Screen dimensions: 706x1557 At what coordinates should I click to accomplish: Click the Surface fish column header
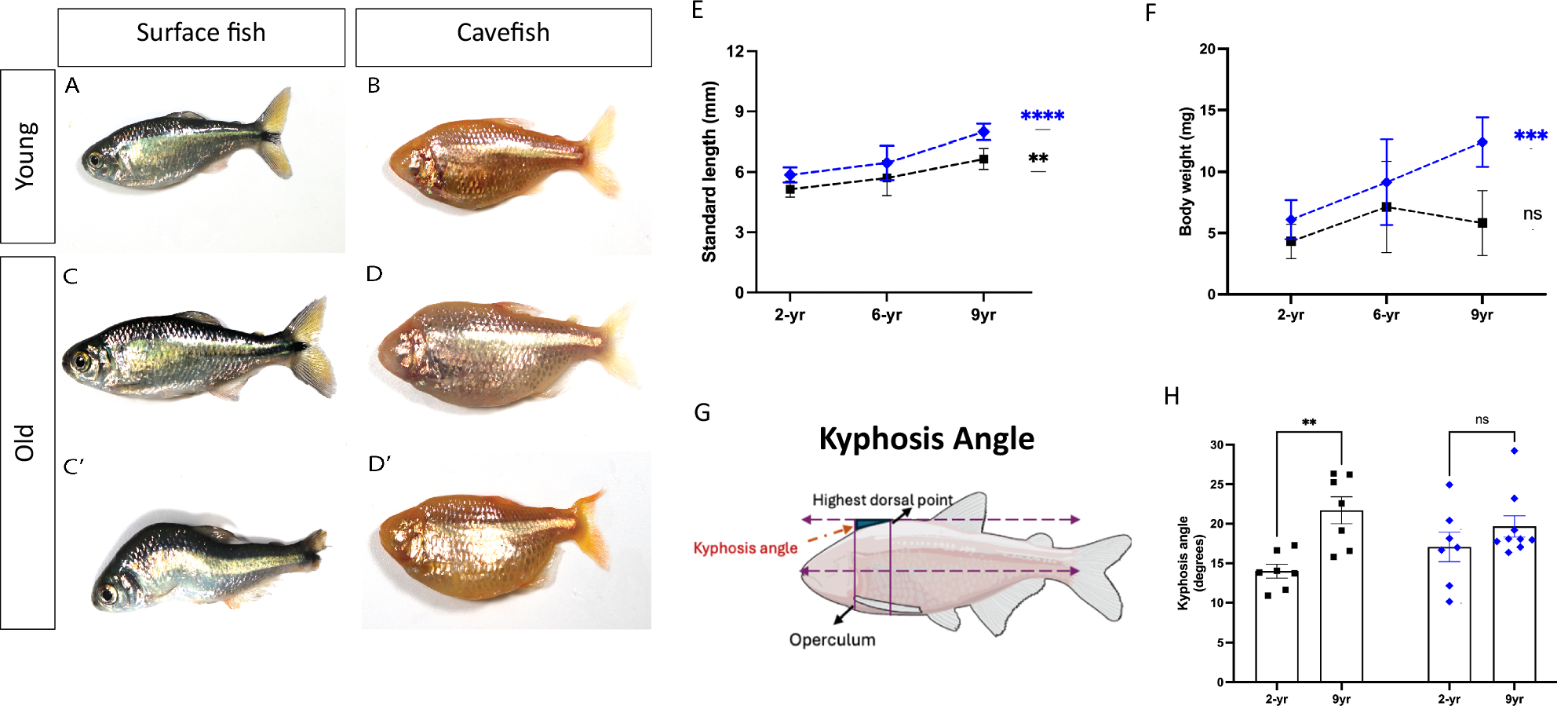pyautogui.click(x=201, y=33)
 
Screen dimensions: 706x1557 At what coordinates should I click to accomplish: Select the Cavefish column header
pyautogui.click(x=503, y=33)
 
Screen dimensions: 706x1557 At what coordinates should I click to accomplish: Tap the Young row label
pyautogui.click(x=26, y=155)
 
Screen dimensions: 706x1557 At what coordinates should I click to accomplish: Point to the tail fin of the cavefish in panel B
pyautogui.click(x=601, y=153)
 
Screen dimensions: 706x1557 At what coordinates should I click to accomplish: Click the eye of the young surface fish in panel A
pyautogui.click(x=95, y=161)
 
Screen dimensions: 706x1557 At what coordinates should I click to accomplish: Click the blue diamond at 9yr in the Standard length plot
pyautogui.click(x=983, y=132)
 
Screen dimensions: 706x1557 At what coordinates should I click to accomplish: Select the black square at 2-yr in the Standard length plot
pyautogui.click(x=790, y=189)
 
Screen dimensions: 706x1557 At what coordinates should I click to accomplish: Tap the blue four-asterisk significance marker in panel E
pyautogui.click(x=1042, y=116)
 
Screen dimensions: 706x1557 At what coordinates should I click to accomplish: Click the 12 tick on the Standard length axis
pyautogui.click(x=735, y=52)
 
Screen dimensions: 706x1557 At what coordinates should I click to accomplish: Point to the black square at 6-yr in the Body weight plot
pyautogui.click(x=1387, y=207)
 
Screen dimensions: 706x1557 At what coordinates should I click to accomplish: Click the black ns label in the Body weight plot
pyautogui.click(x=1532, y=214)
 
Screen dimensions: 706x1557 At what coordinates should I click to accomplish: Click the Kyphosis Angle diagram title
pyautogui.click(x=926, y=438)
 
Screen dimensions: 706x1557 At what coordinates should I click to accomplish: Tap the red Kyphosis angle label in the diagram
pyautogui.click(x=745, y=548)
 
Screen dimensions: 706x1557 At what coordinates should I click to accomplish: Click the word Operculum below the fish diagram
pyautogui.click(x=832, y=640)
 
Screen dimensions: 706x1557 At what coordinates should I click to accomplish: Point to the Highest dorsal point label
pyautogui.click(x=882, y=500)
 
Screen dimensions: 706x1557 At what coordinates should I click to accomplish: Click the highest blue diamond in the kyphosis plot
pyautogui.click(x=1514, y=451)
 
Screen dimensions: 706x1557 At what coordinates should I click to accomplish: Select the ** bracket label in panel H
pyautogui.click(x=1309, y=423)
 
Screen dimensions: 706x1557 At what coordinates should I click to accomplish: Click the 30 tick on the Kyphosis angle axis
pyautogui.click(x=1216, y=445)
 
